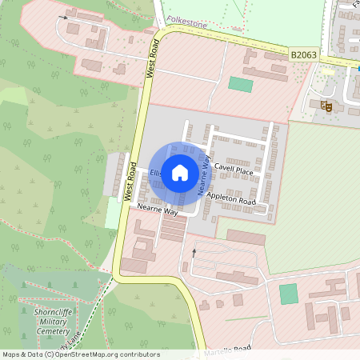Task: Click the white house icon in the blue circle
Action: (180, 171)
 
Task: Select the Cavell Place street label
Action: (234, 171)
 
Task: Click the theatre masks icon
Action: (326, 105)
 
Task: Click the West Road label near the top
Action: (151, 59)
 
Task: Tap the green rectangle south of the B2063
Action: (240, 83)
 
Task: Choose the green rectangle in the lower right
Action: (288, 294)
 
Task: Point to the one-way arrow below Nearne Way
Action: (193, 253)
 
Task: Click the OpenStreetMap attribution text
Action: (80, 354)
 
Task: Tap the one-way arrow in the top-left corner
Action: (62, 16)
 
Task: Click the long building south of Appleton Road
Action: (246, 238)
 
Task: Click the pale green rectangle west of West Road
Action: (112, 213)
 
